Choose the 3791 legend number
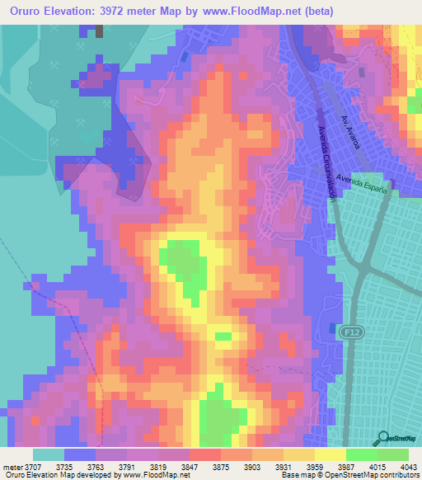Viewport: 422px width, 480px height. [x=127, y=467]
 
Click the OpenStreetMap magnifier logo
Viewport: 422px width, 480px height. [x=382, y=438]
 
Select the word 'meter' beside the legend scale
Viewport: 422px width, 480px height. [x=12, y=467]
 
